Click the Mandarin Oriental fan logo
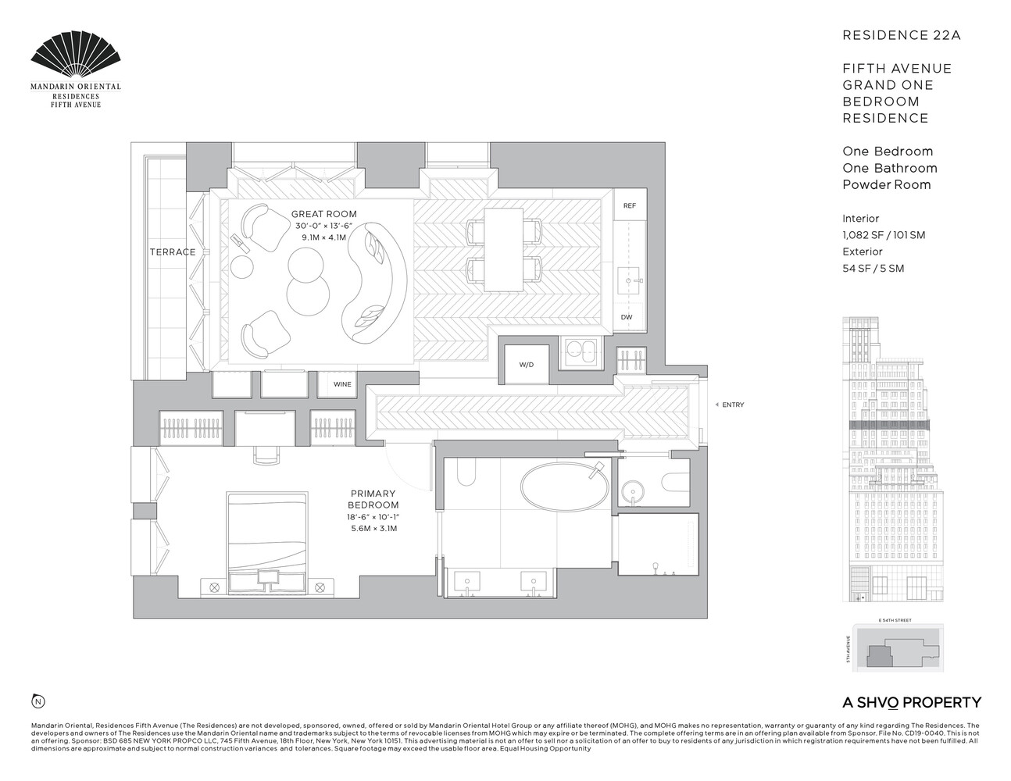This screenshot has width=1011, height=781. [76, 56]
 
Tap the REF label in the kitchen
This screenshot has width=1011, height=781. [629, 206]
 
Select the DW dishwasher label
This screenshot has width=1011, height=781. [627, 317]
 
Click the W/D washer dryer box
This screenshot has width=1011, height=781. [526, 365]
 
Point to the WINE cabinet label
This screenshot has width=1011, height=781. [342, 384]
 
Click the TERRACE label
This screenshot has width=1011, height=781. [173, 252]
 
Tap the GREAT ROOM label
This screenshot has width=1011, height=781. [323, 214]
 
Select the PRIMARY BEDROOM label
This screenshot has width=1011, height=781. [373, 499]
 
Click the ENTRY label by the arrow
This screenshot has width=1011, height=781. [733, 405]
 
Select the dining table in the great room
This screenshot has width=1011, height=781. [503, 248]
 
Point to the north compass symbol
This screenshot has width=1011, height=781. [37, 701]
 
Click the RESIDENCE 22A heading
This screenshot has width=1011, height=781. [890, 35]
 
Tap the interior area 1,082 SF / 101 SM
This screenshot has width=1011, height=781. [883, 235]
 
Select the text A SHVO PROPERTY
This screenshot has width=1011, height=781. [911, 702]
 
